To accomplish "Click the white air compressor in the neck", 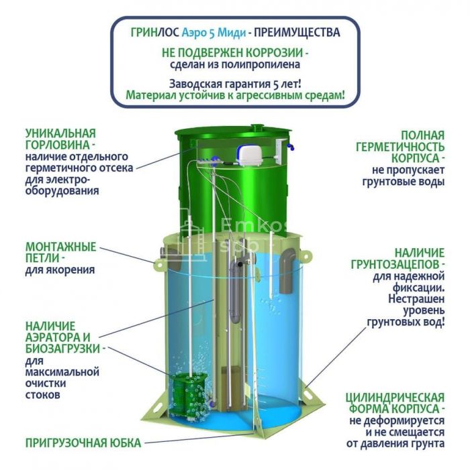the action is (250, 156).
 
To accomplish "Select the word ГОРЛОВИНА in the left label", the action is (57, 145).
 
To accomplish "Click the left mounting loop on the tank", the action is (159, 265).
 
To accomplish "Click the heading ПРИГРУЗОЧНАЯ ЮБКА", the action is (83, 443).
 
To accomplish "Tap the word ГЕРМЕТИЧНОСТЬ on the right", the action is (400, 148).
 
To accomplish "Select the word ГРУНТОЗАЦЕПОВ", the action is (395, 265).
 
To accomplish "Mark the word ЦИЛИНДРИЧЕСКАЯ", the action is (395, 398).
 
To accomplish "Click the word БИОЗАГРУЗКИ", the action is (62, 349).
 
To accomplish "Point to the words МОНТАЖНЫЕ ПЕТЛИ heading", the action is (60, 252).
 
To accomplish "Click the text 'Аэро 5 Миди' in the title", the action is (214, 33).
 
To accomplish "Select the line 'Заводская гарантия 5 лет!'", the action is (235, 84).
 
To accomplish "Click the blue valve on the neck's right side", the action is (291, 147).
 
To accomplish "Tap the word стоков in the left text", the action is (42, 394).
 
